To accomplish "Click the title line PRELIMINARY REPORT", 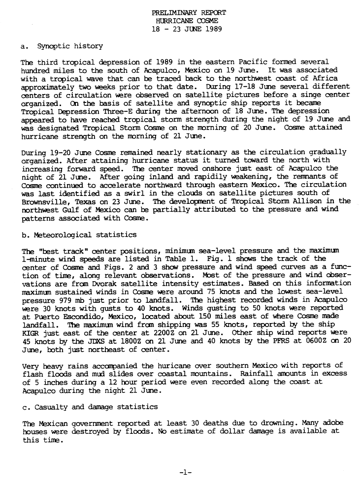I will click(189, 13).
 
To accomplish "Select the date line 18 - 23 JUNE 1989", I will click(189, 29).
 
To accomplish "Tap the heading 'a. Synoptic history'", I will click(62, 46).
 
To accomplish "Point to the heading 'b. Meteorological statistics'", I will click(79, 234).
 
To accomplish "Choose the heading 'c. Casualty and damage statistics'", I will click(90, 407).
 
